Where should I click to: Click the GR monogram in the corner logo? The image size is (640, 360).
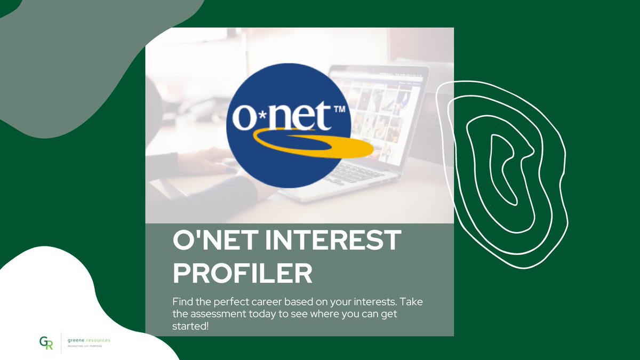46,342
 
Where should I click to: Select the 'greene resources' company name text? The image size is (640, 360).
89,340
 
